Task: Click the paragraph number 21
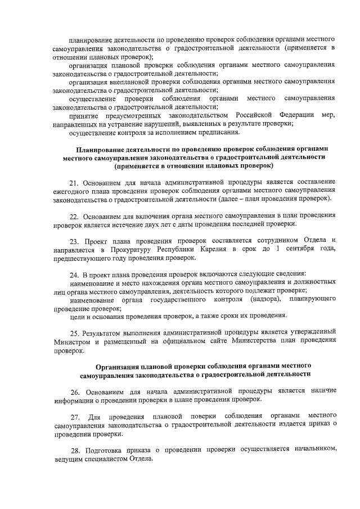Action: [x=74, y=183]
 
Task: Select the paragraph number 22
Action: [x=74, y=215]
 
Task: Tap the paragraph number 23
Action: [x=74, y=240]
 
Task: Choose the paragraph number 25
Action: [x=74, y=332]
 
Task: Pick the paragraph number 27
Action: [x=74, y=416]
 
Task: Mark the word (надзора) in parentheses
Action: [x=248, y=300]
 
